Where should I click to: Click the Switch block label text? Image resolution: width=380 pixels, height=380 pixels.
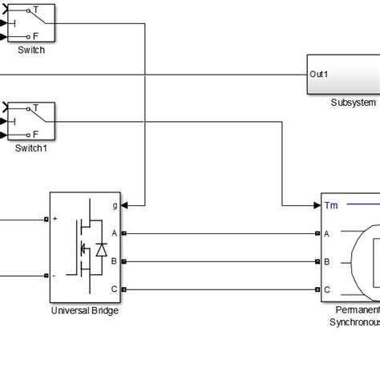[x=30, y=50]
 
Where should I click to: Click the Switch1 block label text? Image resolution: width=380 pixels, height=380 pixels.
[x=30, y=148]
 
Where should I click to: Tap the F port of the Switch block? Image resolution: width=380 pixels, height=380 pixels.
[x=35, y=37]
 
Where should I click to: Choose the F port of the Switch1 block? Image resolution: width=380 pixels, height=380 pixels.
[x=35, y=135]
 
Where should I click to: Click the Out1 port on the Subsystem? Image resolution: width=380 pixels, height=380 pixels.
[x=318, y=74]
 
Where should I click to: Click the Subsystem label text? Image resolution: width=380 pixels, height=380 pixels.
[x=352, y=103]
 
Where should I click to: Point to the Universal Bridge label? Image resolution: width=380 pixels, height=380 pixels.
[x=84, y=310]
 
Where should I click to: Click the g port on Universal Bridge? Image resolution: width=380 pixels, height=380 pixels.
[x=115, y=205]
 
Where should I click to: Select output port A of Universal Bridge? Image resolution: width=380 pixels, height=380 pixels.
[x=115, y=233]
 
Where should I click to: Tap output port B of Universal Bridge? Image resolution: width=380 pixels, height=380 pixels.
[x=115, y=261]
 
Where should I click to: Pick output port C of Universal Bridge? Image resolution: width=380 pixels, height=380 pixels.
[x=115, y=289]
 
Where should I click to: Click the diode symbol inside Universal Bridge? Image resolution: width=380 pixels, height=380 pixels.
[x=101, y=249]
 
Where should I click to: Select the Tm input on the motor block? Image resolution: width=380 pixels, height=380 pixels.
[x=331, y=206]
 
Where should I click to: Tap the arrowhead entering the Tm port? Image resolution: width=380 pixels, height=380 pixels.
[x=315, y=205]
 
